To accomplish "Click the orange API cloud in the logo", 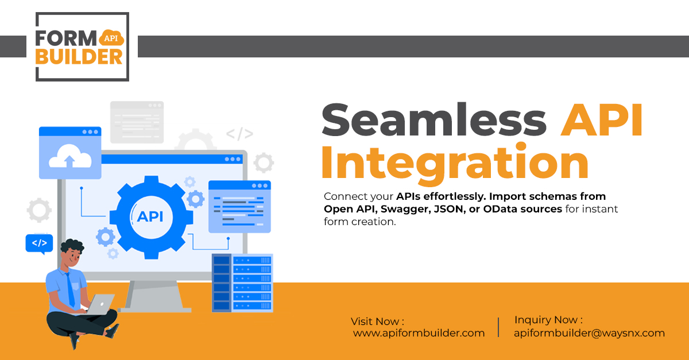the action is [111, 37].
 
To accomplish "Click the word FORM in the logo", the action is [66, 38].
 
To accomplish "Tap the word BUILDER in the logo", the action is [79, 57].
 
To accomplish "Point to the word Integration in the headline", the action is [455, 162].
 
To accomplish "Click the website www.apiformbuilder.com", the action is [419, 333].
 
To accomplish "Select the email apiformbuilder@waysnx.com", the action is [589, 333].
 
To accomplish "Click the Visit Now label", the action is [377, 321].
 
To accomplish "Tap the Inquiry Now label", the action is [548, 320].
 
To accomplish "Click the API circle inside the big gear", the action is [151, 217].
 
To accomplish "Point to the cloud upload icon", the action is [70, 156].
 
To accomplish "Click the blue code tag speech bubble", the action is [39, 243].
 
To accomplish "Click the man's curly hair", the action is [72, 246].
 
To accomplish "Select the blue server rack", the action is [242, 282].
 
